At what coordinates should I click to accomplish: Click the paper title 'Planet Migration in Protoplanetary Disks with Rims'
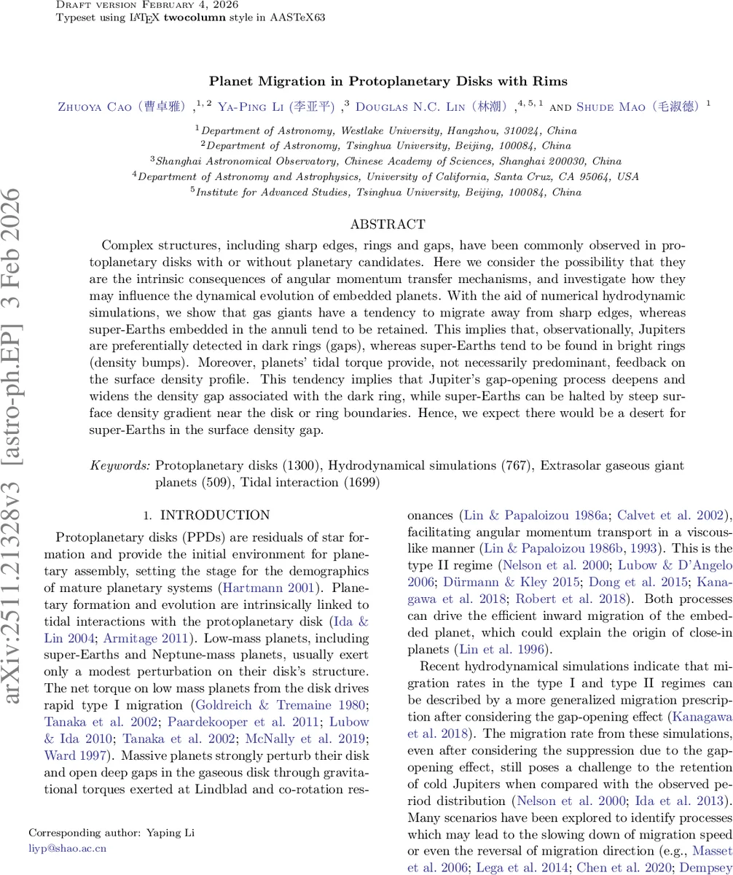pos(388,81)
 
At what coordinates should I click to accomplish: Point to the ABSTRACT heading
pos(388,225)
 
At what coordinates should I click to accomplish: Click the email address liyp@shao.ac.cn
pos(67,848)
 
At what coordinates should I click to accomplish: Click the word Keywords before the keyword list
pos(120,465)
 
